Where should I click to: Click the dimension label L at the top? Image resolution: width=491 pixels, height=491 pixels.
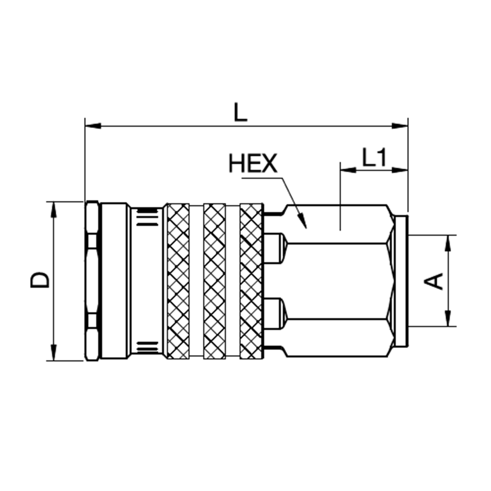240,112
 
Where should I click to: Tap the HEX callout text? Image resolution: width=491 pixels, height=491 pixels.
253,164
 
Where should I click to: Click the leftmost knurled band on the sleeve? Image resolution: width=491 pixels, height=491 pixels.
178,280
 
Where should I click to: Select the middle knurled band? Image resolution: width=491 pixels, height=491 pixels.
215,280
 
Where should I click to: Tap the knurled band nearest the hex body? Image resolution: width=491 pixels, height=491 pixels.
251,280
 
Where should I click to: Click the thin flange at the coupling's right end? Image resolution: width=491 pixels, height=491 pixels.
402,280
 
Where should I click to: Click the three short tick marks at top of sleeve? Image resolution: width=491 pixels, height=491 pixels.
145,216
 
